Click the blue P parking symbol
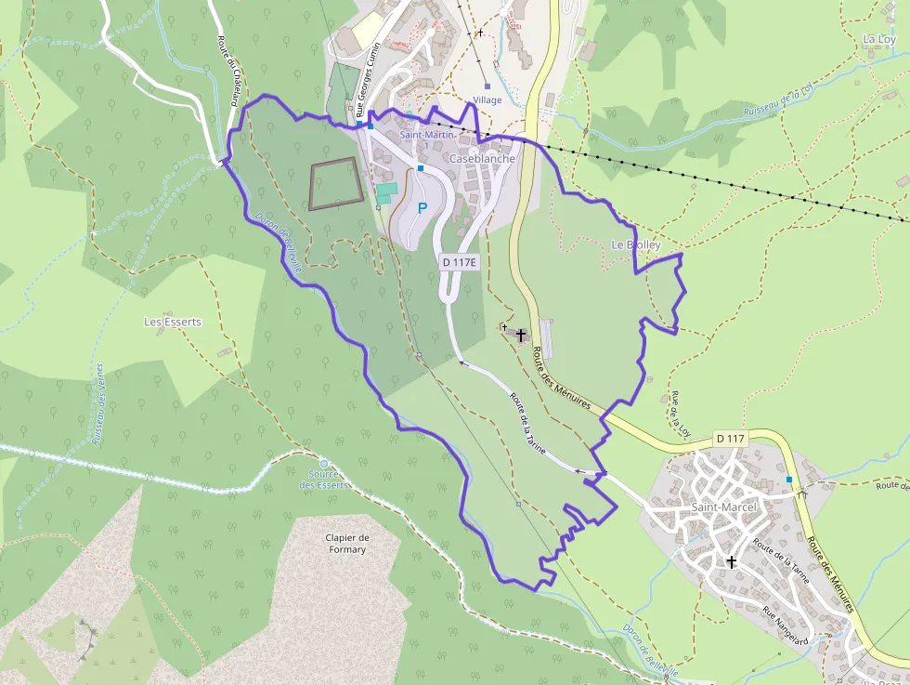(422, 208)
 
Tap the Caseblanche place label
(481, 159)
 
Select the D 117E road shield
(459, 263)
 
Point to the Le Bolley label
(636, 245)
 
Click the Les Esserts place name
(173, 322)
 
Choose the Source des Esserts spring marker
(323, 463)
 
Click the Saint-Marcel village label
(724, 507)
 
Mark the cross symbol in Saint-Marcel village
(732, 561)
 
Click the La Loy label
(878, 39)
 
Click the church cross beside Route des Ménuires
(521, 335)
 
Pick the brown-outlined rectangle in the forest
(335, 183)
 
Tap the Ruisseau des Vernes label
(98, 404)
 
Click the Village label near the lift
(487, 99)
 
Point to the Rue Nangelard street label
(786, 624)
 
